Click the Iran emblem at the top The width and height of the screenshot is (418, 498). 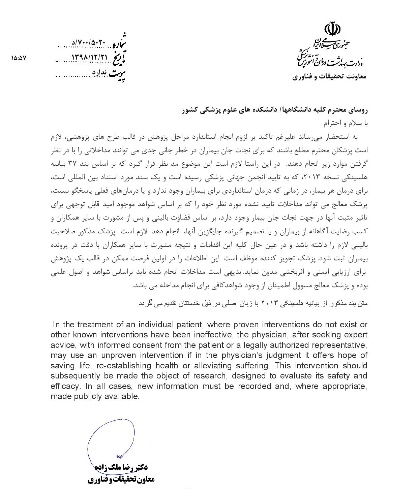point(331,29)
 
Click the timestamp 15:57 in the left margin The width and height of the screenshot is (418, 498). point(19,58)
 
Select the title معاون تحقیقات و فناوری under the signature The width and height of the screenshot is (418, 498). point(121,479)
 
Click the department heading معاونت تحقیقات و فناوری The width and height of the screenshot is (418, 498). point(329,77)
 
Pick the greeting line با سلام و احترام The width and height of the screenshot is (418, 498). point(348,123)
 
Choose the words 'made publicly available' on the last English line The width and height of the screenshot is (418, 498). point(94,396)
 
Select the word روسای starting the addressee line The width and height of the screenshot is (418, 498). point(358,110)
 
